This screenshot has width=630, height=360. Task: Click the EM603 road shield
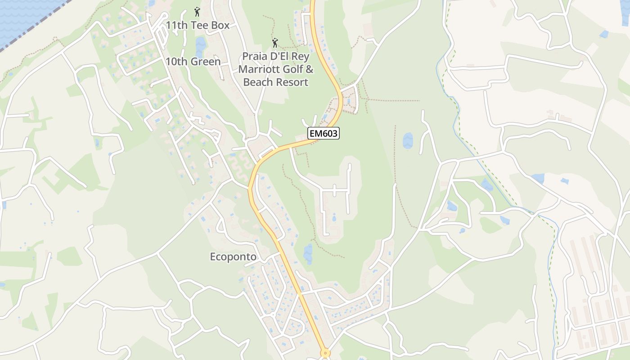(x=323, y=133)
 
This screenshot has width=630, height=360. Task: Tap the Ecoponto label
(x=233, y=257)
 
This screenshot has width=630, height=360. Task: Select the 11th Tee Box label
(x=198, y=25)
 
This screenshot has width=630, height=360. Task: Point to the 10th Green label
(x=193, y=62)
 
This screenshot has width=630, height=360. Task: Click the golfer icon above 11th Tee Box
(x=197, y=11)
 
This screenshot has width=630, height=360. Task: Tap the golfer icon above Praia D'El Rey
(x=275, y=43)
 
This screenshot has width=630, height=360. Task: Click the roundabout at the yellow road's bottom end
(x=324, y=354)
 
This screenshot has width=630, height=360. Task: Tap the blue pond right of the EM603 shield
(x=408, y=140)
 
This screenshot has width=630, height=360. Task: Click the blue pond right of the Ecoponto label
(x=308, y=254)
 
